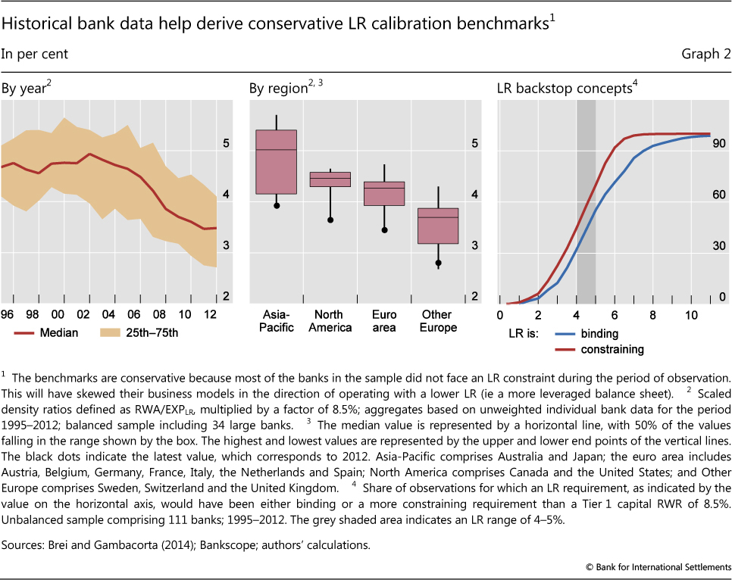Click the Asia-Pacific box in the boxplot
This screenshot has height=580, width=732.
pos(276,162)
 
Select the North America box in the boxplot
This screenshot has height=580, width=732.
pos(330,179)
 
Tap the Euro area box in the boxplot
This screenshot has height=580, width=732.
pos(384,194)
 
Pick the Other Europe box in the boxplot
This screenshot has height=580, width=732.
pos(438,226)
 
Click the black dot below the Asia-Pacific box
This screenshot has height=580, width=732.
pos(277,205)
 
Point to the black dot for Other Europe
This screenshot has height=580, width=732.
pos(438,263)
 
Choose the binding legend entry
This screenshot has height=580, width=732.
pos(599,333)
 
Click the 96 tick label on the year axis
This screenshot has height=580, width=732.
pos(7,314)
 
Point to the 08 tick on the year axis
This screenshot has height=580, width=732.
pos(158,314)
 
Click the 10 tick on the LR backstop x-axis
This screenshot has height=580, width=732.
pos(691,314)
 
